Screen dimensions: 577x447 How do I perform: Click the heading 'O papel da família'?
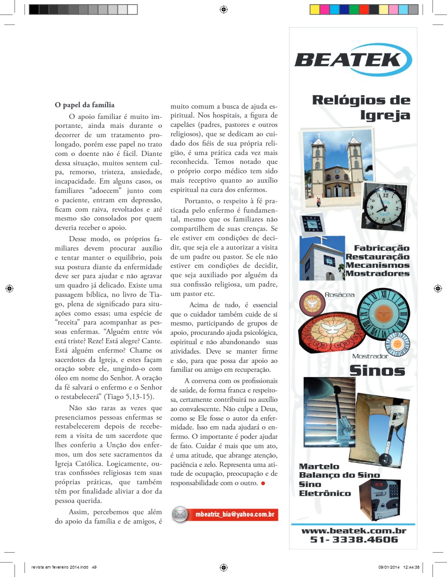pos(85,105)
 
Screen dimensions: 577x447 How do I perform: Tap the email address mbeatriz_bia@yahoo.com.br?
pos(235,514)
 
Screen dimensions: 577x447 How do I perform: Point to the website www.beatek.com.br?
pos(353,531)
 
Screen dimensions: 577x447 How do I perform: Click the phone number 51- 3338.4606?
pos(354,540)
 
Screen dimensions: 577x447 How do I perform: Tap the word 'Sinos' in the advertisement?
pos(377,370)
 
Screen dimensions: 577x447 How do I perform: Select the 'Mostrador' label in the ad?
pos(370,356)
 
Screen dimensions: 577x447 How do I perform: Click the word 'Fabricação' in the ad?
pos(381,248)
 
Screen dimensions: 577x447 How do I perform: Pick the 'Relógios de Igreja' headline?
pos(361,107)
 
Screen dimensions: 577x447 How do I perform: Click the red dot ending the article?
pos(263,483)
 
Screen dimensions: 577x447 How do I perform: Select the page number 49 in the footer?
pos(94,567)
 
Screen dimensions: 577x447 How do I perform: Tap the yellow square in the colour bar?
pos(315,9)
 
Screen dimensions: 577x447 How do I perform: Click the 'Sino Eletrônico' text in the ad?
pos(324,488)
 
